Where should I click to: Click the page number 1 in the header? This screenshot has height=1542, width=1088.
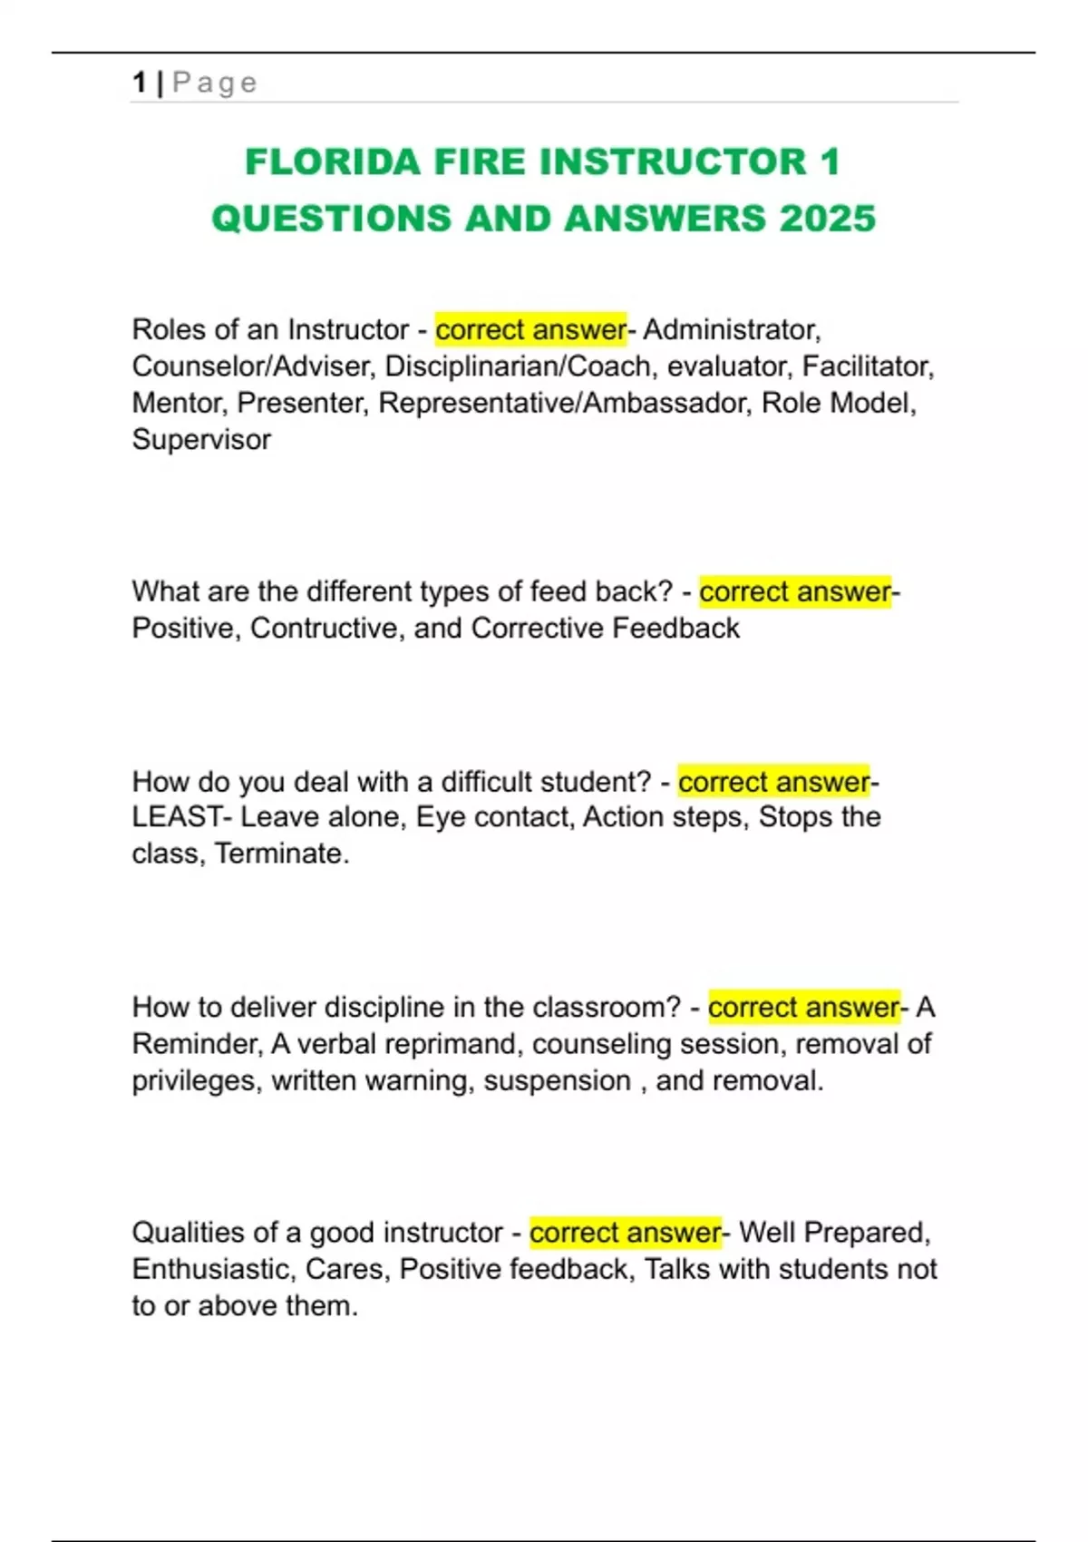139,83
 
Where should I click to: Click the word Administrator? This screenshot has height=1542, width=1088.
731,329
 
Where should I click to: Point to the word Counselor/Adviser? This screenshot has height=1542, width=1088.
254,366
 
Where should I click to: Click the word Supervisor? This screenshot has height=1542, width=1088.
201,440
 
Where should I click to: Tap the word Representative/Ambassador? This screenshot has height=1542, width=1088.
565,403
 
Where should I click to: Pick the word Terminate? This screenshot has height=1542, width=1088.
281,854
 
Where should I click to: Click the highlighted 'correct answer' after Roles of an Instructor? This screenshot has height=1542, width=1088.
530,329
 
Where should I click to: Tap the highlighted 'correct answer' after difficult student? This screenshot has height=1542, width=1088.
773,782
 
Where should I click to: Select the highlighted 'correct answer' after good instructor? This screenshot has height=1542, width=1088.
626,1233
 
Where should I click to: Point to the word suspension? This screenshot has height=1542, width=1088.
557,1081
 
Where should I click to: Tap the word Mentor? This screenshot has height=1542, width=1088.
180,403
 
